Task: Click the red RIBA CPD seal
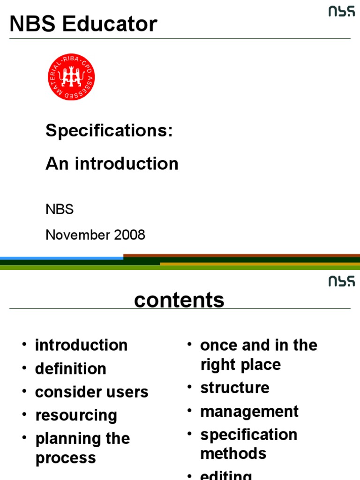(x=71, y=77)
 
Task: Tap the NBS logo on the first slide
(x=341, y=12)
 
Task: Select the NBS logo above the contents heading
(x=341, y=281)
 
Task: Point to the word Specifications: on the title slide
(x=109, y=131)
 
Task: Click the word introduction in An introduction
(x=127, y=164)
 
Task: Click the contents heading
(x=179, y=300)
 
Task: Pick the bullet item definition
(x=70, y=369)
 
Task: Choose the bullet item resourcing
(x=76, y=415)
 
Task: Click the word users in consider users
(x=127, y=392)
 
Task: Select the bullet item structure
(x=235, y=388)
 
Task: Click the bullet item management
(x=249, y=412)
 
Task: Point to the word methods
(x=233, y=454)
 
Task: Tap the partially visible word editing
(x=226, y=475)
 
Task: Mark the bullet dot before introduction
(x=24, y=345)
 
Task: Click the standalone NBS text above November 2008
(x=60, y=210)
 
